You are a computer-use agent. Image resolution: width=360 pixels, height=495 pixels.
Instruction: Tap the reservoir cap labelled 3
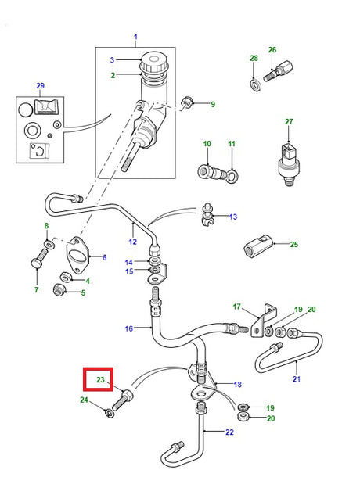pos(154,63)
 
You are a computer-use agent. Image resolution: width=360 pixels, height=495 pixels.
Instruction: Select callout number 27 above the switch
pos(289,121)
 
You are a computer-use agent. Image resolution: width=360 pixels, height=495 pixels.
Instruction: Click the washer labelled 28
pos(255,85)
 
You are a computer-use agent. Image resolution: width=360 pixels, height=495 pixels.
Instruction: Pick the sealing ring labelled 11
pos(232,176)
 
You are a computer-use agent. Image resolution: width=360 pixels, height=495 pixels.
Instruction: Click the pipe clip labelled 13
pos(207,215)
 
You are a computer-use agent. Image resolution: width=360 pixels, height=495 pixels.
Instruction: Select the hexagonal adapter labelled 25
pos(257,246)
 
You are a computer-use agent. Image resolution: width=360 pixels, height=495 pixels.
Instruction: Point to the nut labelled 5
pos(59,289)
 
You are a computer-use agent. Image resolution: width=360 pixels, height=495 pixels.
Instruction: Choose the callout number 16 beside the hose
pos(128,328)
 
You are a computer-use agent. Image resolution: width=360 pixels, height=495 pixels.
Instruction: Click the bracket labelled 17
pos(263,320)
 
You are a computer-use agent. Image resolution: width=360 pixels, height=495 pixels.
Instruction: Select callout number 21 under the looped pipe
pos(296,378)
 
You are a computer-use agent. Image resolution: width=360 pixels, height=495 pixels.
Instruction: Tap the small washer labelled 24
pos(109,413)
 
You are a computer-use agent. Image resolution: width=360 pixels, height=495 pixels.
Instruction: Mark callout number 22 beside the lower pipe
pos(229,432)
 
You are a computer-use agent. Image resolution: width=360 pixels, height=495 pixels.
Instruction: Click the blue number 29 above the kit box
pos(40,85)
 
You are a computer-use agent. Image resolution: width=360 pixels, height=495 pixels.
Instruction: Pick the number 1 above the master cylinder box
pos(135,37)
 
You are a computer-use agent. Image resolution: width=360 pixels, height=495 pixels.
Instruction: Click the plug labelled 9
pos(186,102)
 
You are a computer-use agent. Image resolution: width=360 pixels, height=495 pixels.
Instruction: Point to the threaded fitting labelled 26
pos(278,71)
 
